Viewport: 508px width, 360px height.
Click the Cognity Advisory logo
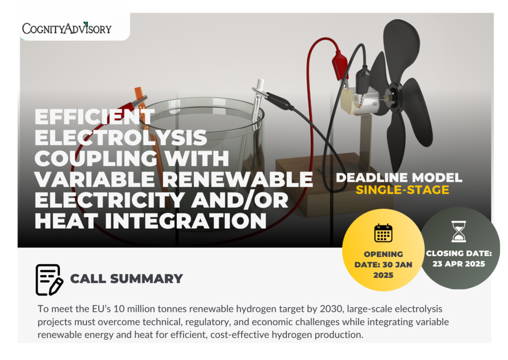67,28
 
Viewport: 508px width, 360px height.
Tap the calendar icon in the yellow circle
383,233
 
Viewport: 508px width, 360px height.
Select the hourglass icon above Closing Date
459,232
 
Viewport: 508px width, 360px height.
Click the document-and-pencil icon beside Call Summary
49,280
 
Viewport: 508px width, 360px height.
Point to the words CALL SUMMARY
127,279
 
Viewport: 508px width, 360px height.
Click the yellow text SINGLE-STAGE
402,190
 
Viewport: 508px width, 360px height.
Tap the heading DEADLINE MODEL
399,178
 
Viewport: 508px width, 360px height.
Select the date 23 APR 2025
459,264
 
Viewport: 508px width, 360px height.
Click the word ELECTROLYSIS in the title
121,138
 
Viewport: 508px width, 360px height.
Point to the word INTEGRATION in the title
186,221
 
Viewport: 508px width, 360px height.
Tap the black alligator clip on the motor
363,80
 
